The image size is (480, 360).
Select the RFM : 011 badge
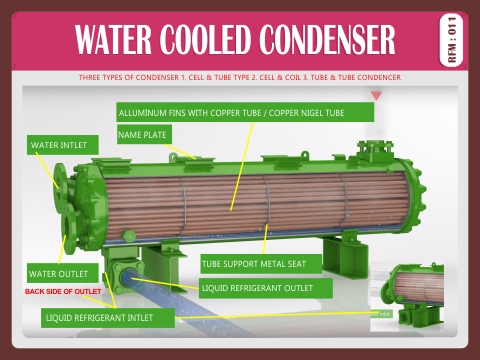451,39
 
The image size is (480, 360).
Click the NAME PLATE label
144,134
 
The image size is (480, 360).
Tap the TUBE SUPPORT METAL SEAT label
260,264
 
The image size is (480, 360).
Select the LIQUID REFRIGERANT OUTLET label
264,288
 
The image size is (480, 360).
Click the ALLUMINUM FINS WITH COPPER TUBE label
245,112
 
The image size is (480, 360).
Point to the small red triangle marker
376,95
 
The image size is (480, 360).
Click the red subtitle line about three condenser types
240,77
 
